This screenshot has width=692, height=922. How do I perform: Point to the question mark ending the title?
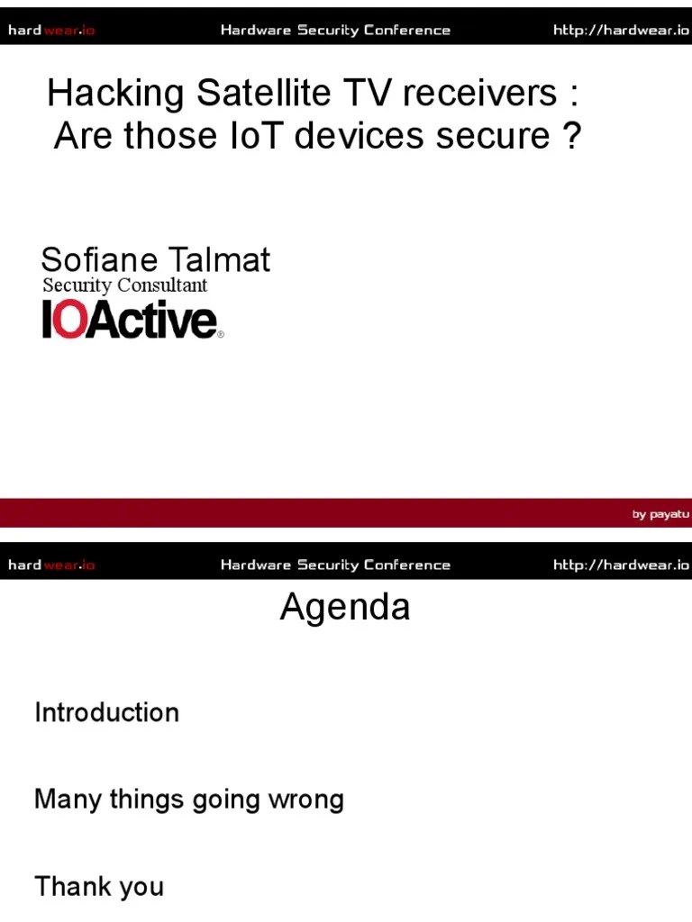click(572, 136)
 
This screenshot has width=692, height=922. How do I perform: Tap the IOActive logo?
click(132, 320)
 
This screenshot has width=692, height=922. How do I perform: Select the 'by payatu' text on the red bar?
click(660, 514)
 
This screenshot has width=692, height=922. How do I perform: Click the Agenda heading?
click(345, 607)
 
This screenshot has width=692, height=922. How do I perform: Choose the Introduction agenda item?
click(106, 712)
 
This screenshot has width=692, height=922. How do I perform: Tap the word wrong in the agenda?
click(305, 800)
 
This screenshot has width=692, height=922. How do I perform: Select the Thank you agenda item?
click(99, 887)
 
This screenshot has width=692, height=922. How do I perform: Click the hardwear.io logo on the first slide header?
click(51, 31)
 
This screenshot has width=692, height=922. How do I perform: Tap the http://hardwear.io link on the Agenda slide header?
click(621, 565)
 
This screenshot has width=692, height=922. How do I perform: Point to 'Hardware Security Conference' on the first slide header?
click(335, 31)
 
